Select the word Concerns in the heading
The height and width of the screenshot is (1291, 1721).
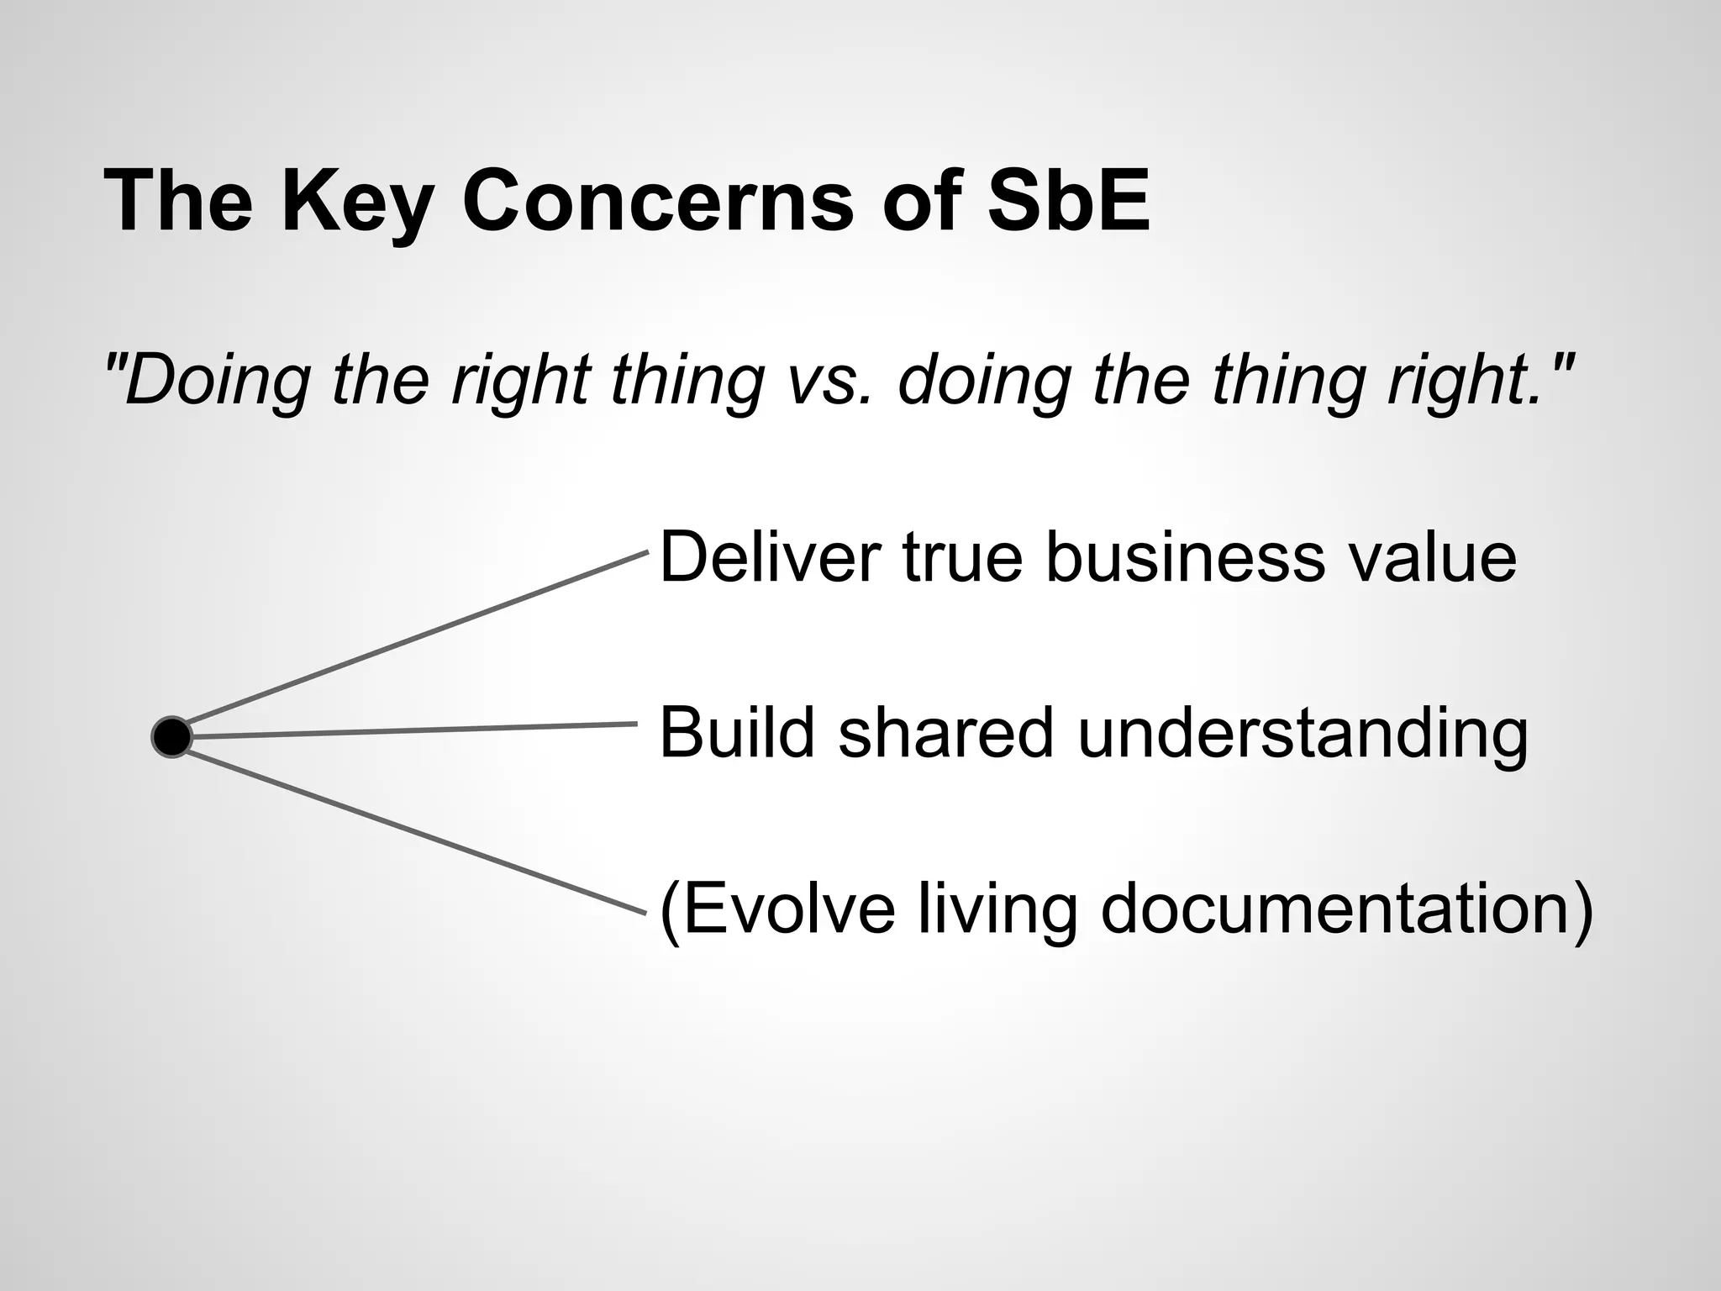tap(656, 203)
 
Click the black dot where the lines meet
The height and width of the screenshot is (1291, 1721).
tap(172, 737)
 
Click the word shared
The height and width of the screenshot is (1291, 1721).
tap(945, 733)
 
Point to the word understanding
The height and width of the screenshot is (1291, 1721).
tap(1303, 733)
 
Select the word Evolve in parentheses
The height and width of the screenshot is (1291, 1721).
tap(786, 909)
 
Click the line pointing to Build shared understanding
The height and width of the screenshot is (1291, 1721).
tap(412, 730)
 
